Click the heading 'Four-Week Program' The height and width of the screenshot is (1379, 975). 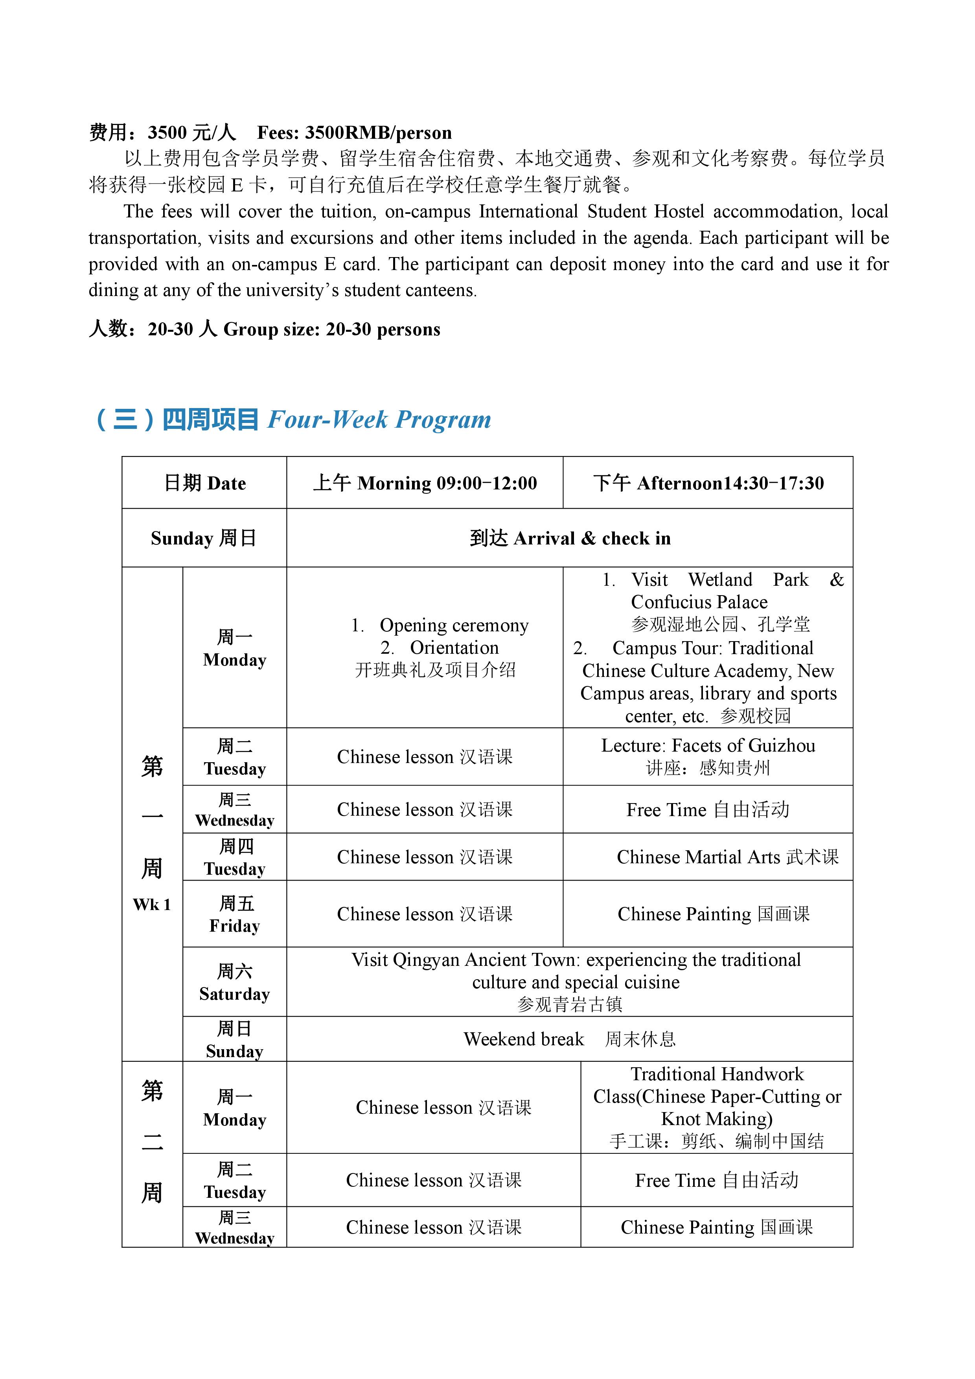379,419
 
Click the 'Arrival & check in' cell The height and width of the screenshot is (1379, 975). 570,538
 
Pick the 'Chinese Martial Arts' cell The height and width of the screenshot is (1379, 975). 727,857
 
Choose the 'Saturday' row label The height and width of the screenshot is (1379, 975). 234,994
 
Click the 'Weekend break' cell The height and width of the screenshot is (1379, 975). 523,1039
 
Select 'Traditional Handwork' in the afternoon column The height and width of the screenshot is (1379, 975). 717,1074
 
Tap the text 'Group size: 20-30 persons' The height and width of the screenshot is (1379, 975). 331,329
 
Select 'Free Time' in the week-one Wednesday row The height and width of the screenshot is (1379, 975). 666,810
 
